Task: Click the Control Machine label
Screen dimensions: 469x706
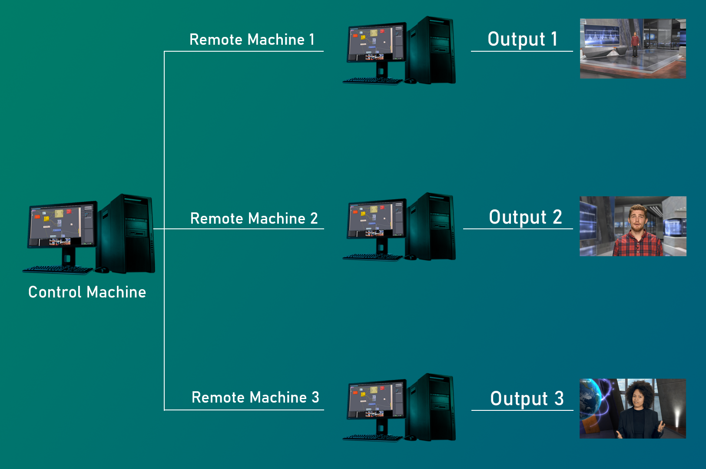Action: [x=87, y=292]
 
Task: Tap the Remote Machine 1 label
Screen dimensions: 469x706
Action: [x=252, y=40]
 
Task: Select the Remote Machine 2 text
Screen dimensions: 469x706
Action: [x=254, y=218]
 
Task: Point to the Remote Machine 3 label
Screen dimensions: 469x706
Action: [x=255, y=397]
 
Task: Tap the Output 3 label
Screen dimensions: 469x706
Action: [x=527, y=399]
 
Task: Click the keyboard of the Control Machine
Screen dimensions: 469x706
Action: [x=58, y=270]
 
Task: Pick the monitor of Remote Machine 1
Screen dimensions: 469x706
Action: [x=375, y=43]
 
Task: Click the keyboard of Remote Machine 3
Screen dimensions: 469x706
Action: [x=373, y=438]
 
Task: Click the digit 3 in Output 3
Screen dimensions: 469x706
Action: [x=559, y=398]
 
